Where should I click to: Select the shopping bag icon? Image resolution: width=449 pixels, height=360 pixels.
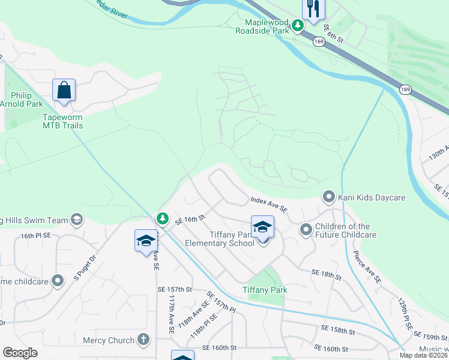tap(64, 91)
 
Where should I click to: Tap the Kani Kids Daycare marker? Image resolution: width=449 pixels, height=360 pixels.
tap(328, 197)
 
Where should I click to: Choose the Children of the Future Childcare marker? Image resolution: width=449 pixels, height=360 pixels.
tap(306, 230)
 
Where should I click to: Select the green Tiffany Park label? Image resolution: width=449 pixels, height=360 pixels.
tap(265, 290)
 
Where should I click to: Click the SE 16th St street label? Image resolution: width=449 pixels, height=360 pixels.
tap(190, 220)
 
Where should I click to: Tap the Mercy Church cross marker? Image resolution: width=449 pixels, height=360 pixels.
tap(143, 340)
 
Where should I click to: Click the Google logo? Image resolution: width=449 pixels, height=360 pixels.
tap(20, 353)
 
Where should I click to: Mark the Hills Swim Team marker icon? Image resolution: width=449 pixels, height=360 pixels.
tap(76, 220)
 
